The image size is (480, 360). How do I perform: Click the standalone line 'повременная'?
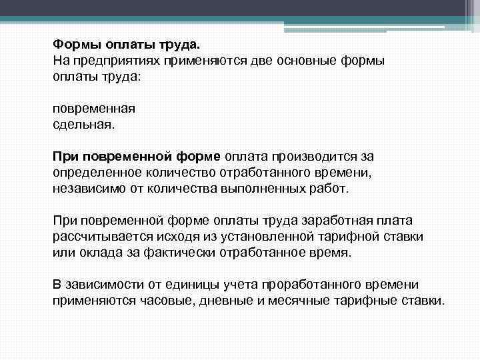coord(94,109)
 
